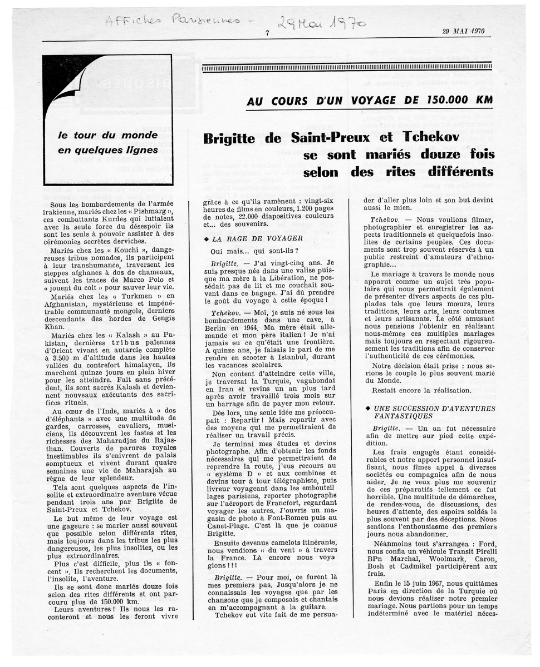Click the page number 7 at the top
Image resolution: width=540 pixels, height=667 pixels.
[268, 33]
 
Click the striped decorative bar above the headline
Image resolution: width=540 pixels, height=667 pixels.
[347, 67]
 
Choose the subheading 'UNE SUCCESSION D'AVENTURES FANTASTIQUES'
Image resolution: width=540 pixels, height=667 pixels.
[430, 412]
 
